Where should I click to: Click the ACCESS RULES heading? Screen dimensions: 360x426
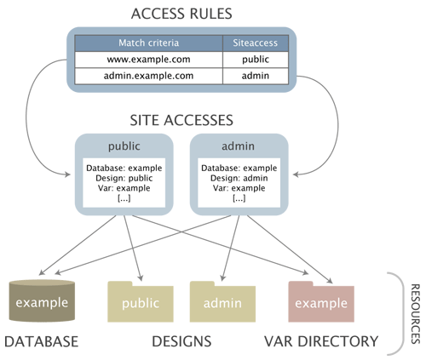[181, 14]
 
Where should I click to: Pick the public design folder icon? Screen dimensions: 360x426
[140, 303]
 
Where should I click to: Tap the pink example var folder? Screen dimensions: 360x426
[320, 303]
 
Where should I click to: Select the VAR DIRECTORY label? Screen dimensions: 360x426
[321, 341]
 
